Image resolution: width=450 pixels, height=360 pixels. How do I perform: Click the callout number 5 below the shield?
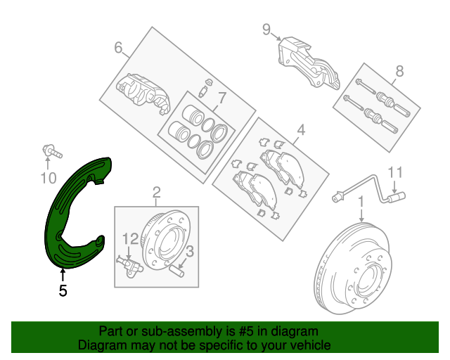[x=63, y=290]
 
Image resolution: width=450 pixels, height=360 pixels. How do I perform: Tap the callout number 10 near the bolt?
[x=48, y=179]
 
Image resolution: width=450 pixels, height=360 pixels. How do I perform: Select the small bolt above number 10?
[x=51, y=150]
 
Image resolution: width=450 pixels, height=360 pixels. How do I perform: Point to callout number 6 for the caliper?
[x=119, y=48]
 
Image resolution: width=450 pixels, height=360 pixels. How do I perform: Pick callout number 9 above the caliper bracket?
[x=266, y=29]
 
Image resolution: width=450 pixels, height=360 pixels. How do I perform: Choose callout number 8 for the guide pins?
[x=399, y=70]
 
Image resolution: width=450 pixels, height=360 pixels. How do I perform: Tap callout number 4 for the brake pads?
[x=301, y=129]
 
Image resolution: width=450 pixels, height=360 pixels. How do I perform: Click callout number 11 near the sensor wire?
[x=395, y=172]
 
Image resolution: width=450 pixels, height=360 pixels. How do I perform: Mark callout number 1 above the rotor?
[x=361, y=202]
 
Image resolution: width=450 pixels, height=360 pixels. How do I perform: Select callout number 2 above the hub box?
[x=156, y=191]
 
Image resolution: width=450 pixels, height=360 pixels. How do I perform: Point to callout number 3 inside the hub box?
[x=190, y=250]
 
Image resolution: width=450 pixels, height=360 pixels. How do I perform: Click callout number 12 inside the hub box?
[x=129, y=239]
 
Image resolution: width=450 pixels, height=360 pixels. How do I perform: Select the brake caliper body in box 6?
[x=143, y=91]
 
